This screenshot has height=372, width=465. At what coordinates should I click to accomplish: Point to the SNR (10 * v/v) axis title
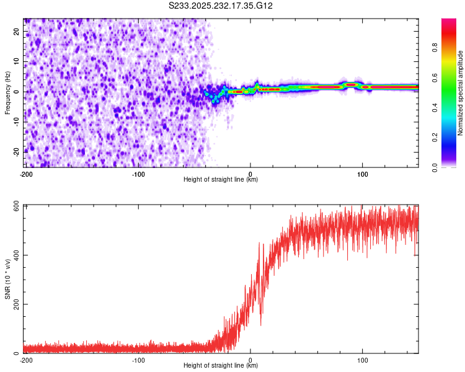click(x=7, y=279)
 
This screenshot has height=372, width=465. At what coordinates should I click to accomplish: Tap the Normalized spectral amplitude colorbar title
click(x=461, y=93)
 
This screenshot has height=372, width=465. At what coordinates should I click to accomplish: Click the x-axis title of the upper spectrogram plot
click(x=221, y=180)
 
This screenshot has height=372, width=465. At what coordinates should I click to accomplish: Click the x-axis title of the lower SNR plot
click(x=221, y=366)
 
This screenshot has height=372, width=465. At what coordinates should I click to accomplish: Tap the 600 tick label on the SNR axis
click(x=14, y=206)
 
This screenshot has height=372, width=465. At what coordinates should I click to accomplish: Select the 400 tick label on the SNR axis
click(x=14, y=255)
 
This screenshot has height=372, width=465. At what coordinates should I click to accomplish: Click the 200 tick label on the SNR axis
click(x=14, y=304)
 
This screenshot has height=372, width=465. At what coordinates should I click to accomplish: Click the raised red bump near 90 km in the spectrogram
click(x=351, y=84)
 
